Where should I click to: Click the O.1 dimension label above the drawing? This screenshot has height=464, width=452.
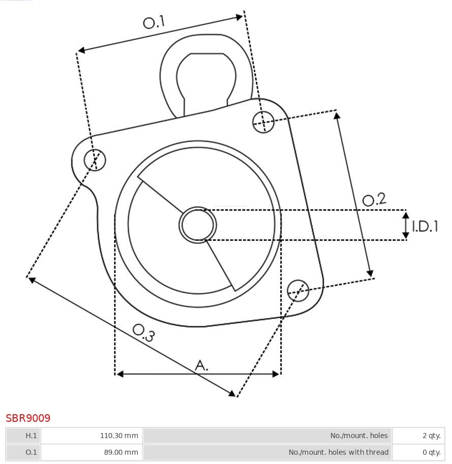coord(154,22)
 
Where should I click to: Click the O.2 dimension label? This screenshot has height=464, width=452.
coord(374,199)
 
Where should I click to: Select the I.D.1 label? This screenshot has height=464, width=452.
coord(425,226)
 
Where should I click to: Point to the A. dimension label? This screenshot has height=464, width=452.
coord(202,365)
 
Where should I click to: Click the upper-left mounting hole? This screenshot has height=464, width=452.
coord(95,160)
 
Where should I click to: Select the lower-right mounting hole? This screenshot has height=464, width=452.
coord(298,290)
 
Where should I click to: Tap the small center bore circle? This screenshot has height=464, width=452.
coord(198,225)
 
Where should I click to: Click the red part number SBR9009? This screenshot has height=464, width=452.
coord(28,418)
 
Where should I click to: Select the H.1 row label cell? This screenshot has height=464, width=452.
coord(23,436)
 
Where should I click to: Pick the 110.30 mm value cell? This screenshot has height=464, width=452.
coord(91,436)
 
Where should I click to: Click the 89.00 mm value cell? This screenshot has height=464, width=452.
coord(91,452)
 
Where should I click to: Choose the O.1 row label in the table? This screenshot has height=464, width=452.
coord(23,452)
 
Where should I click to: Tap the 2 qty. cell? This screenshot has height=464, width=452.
coord(419,436)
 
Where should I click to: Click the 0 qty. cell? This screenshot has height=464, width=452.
coord(419,452)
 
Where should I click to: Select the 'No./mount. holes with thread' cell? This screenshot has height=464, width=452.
coord(267,452)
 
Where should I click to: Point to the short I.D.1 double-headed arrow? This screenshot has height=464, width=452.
coord(406,225)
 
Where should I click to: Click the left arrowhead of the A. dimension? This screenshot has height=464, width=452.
coord(119,374)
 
